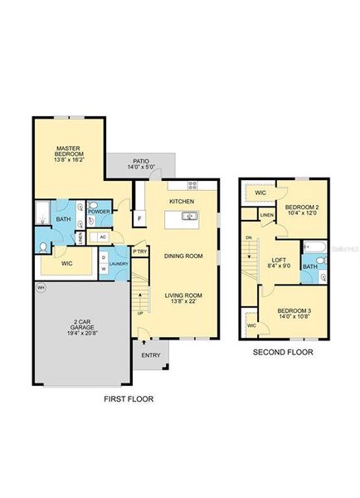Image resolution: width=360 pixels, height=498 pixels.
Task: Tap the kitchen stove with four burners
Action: [193, 186]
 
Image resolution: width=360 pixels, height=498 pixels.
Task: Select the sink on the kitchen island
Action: [188, 217]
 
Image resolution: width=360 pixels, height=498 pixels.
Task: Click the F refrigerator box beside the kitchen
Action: [140, 218]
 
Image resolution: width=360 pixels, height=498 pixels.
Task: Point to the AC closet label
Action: [103, 237]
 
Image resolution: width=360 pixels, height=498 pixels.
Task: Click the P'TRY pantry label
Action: [140, 251]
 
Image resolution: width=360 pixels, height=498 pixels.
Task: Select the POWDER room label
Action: [100, 212]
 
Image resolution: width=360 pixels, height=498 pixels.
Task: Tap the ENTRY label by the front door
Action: [151, 355]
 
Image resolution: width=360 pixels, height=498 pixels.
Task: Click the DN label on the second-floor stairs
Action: [246, 238]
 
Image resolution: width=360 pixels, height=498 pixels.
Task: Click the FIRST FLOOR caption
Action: [129, 398]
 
